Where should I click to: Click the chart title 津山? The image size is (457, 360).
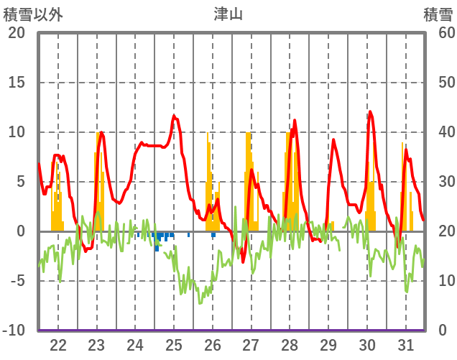(x=228, y=14)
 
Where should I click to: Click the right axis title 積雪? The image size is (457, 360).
(x=438, y=14)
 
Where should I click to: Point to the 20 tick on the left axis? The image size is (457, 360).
(x=16, y=33)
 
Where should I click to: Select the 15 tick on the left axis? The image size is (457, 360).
(x=16, y=83)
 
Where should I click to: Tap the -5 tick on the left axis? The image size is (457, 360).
(x=16, y=281)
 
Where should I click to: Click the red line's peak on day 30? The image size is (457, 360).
(x=370, y=111)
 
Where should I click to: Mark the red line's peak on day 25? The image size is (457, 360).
(x=174, y=116)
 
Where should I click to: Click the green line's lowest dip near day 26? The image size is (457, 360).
(x=200, y=303)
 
